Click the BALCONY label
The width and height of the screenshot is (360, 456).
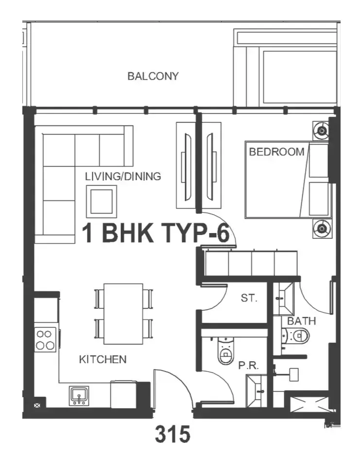pos(153,76)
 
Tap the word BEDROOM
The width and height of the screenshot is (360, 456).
pos(276,152)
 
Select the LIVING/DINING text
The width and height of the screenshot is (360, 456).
pos(123,176)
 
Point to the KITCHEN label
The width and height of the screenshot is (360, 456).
pos(103,359)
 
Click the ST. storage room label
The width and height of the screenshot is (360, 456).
pos(249,298)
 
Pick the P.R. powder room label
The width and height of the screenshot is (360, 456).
pos(249,365)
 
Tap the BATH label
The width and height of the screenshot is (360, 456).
pos(302,321)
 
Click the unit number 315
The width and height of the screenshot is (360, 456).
pos(172,434)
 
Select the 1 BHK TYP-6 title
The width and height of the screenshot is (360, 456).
pos(155,233)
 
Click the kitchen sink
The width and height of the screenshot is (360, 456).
pos(79,396)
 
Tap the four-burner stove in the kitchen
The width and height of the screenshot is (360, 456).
pos(46,339)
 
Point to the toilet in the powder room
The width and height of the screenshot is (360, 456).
pos(226,350)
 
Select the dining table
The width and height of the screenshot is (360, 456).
pos(123,314)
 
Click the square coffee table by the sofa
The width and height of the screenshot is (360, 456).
pos(102,202)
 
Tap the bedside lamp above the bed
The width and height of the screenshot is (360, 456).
pos(322,131)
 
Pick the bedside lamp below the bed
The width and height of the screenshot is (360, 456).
pos(322,229)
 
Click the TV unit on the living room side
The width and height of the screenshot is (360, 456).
pos(185,165)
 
